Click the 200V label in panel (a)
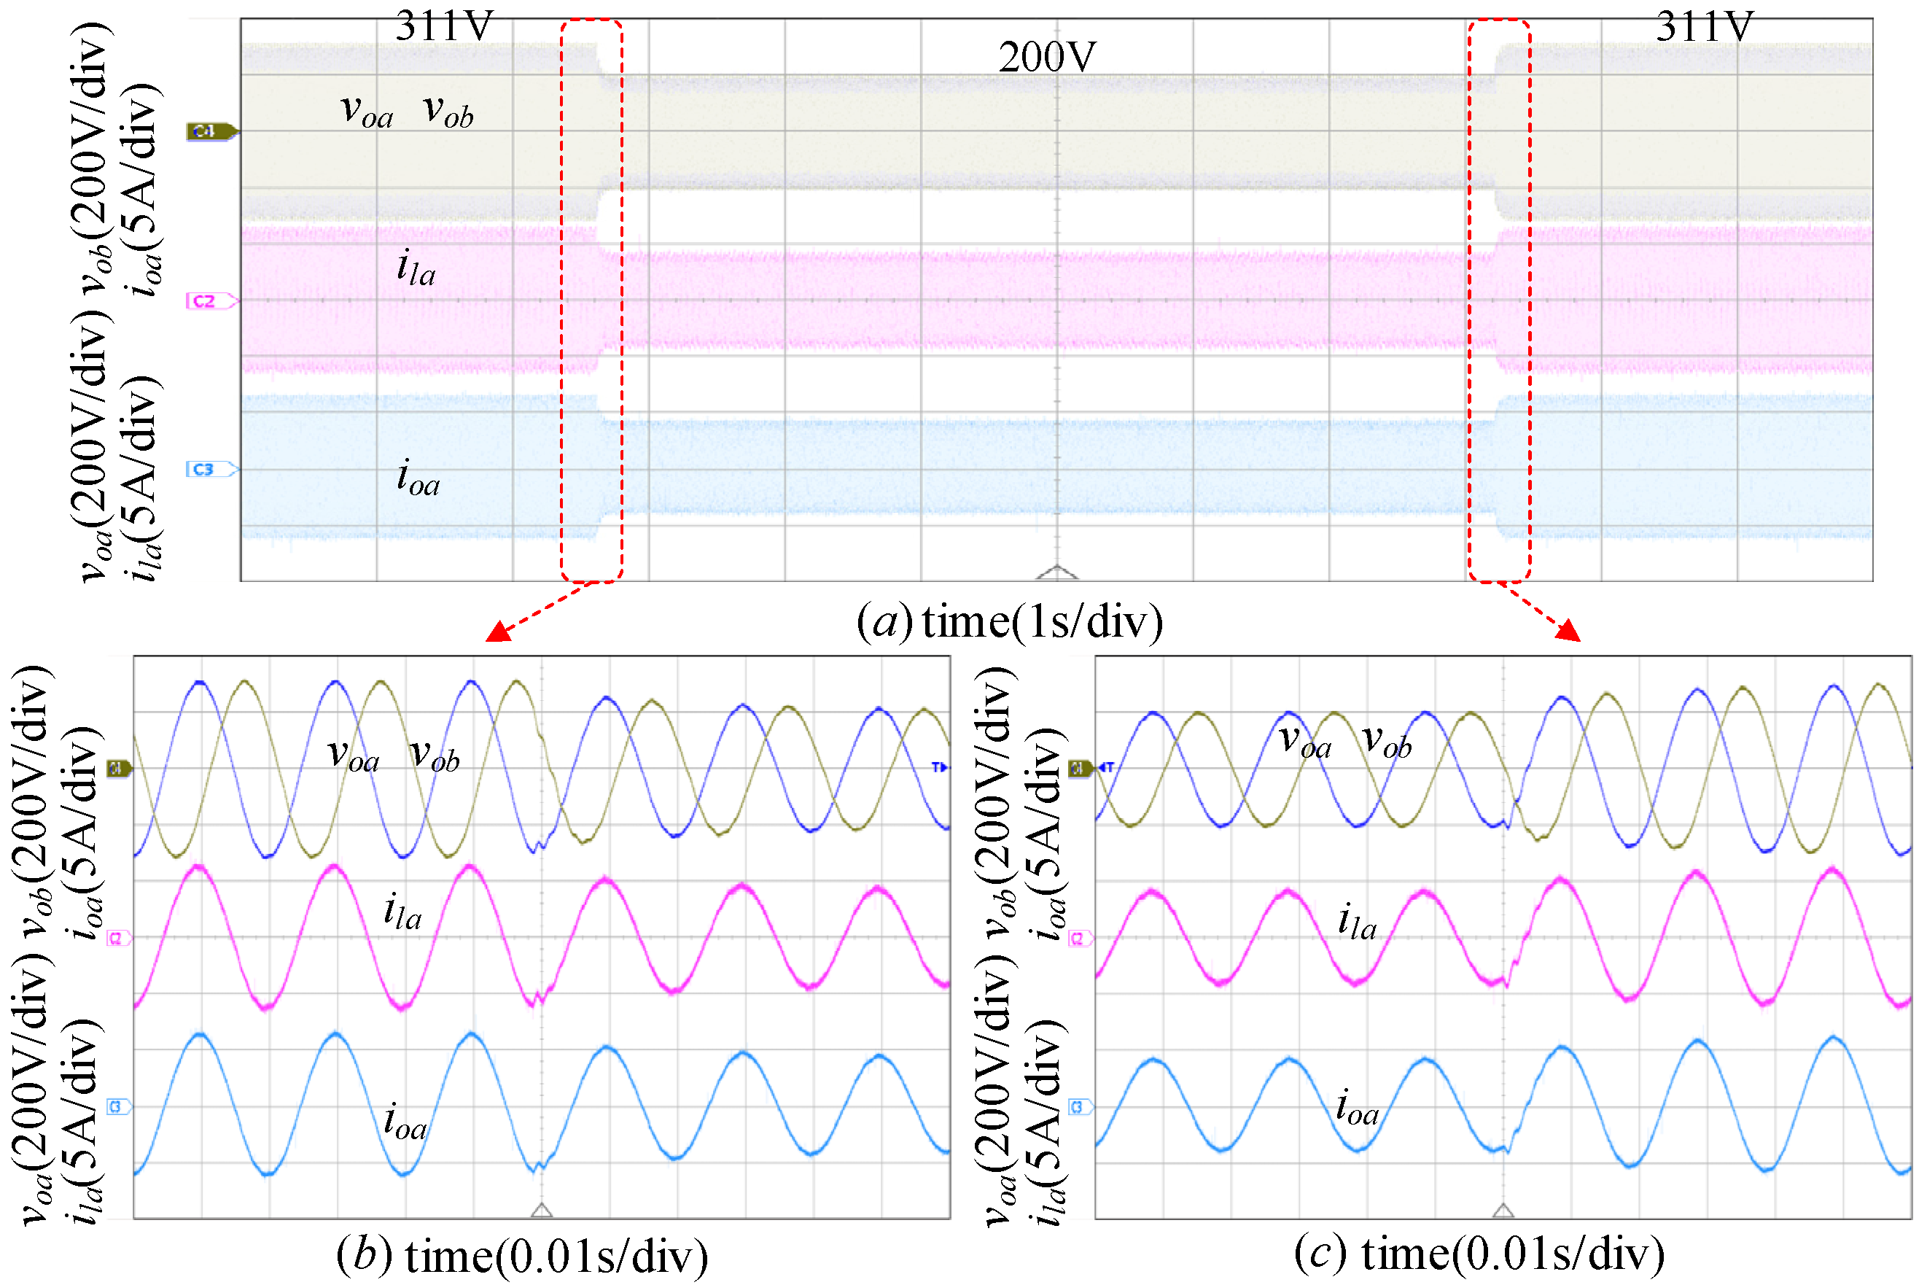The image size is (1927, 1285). (x=1046, y=58)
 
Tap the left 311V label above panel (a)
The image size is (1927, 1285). (x=444, y=26)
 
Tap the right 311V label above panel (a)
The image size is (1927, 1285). (x=1704, y=26)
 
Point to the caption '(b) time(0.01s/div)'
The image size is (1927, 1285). (x=522, y=1254)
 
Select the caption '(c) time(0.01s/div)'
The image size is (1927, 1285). (x=1479, y=1253)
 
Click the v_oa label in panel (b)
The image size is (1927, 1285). (x=353, y=754)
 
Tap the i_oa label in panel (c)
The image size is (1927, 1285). (x=1357, y=1107)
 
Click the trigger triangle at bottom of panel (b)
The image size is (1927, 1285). (x=542, y=1210)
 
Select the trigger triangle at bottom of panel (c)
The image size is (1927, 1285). (x=1503, y=1210)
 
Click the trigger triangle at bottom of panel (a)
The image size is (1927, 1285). (x=1057, y=572)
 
